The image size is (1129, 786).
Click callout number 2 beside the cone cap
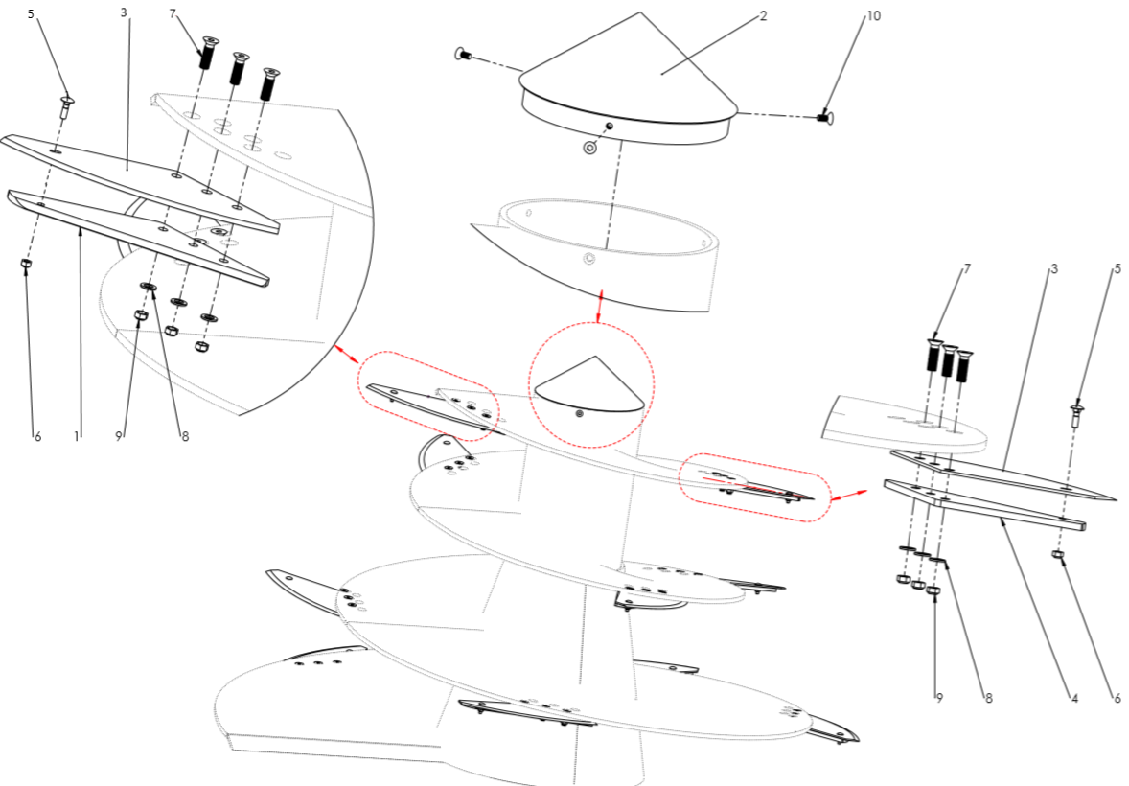click(763, 16)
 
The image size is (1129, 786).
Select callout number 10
click(873, 16)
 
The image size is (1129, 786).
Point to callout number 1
click(77, 436)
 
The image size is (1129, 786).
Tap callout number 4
click(1074, 698)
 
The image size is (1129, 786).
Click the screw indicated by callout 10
click(825, 116)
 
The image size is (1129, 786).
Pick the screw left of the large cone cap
click(463, 54)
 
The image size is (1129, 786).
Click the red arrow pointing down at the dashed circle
click(598, 306)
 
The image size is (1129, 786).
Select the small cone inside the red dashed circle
click(590, 384)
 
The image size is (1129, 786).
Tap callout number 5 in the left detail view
click(31, 14)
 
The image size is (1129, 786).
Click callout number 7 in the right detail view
click(966, 268)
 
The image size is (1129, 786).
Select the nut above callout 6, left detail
click(25, 265)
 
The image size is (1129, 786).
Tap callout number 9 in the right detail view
click(939, 698)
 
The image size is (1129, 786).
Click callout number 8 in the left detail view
click(184, 436)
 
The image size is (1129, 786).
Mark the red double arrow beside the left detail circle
click(348, 354)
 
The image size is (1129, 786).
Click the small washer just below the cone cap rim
click(590, 148)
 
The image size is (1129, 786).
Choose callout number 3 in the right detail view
click(1054, 268)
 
